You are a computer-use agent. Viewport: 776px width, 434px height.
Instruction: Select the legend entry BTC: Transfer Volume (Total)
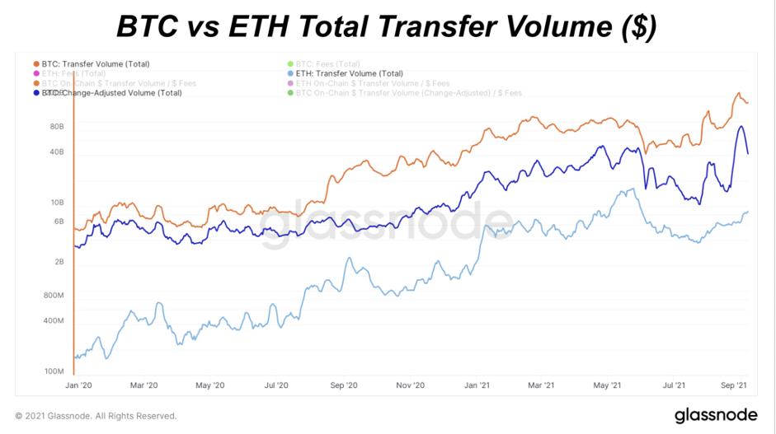click(96, 63)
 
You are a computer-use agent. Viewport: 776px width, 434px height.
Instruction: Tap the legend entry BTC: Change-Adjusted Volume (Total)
click(111, 93)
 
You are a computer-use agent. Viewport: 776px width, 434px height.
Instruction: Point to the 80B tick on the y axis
click(57, 127)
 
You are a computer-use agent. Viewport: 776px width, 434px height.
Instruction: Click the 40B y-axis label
click(57, 152)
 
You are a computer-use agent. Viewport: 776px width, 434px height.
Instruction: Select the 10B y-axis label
click(57, 203)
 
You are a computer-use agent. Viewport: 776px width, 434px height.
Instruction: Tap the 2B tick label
click(59, 262)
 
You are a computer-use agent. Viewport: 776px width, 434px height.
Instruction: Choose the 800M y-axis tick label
click(54, 295)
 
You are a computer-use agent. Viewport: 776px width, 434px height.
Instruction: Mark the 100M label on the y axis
click(54, 371)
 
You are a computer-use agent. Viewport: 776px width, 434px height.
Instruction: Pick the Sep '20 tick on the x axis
click(343, 385)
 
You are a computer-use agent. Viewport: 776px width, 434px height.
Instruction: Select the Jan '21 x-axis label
click(477, 385)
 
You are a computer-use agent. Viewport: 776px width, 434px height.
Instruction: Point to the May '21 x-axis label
click(607, 385)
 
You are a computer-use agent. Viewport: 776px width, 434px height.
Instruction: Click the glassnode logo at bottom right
click(717, 415)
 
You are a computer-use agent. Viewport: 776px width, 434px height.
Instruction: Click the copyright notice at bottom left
click(96, 416)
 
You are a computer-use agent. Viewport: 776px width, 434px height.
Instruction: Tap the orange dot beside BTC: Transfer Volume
click(36, 63)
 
